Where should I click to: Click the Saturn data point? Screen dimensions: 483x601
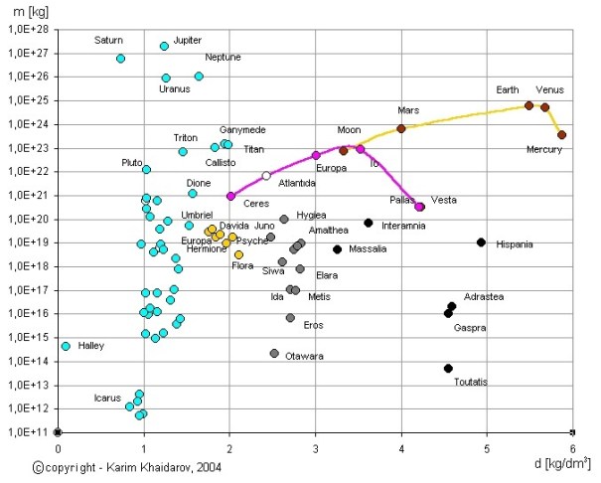click(x=121, y=59)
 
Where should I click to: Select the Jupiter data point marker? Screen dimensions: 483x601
click(x=165, y=46)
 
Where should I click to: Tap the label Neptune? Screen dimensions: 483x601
click(x=223, y=57)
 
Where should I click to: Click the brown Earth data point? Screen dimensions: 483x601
click(x=528, y=105)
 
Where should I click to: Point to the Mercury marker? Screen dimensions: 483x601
click(x=561, y=134)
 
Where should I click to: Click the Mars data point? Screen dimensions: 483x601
click(x=401, y=128)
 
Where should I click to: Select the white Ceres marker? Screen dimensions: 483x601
click(x=266, y=176)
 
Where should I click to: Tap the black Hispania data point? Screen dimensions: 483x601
click(x=482, y=242)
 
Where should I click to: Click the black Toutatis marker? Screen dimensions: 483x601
click(x=449, y=368)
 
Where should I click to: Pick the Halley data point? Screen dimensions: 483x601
click(x=66, y=346)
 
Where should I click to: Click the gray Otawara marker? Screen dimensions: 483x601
click(x=274, y=354)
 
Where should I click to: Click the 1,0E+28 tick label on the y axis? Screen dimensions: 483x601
click(x=28, y=29)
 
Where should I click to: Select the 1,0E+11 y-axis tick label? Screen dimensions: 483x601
click(x=28, y=432)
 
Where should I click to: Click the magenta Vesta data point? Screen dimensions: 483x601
click(x=419, y=207)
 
